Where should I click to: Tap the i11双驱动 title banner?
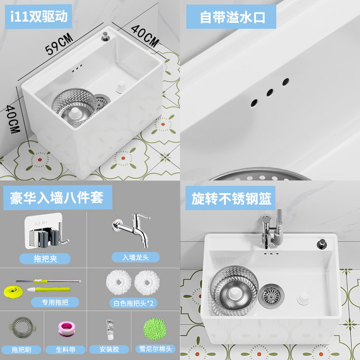(x=39, y=17)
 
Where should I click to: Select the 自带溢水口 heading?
(x=233, y=17)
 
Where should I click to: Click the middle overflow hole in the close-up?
(x=270, y=92)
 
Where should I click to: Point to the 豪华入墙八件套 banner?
(x=57, y=197)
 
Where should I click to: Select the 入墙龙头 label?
(x=135, y=257)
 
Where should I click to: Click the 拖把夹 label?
(x=45, y=258)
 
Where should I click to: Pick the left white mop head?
(x=119, y=282)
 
